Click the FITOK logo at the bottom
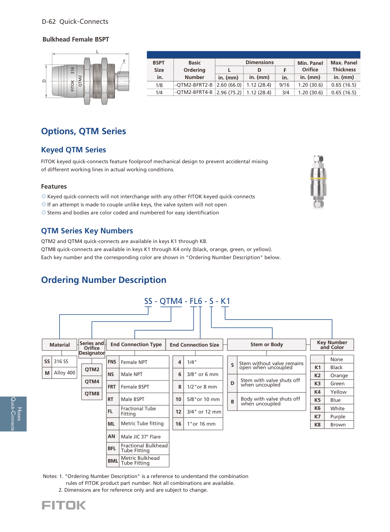pyautogui.click(x=64, y=505)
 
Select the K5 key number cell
pyautogui.click(x=317, y=400)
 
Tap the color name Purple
pyautogui.click(x=338, y=417)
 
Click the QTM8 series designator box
pyautogui.click(x=92, y=394)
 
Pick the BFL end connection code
pyautogui.click(x=112, y=449)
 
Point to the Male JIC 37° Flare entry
pyautogui.click(x=141, y=436)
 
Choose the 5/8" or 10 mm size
pyautogui.click(x=203, y=399)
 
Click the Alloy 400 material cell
pyautogui.click(x=65, y=373)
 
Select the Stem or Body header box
pyautogui.click(x=267, y=345)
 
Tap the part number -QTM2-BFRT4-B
pyautogui.click(x=194, y=92)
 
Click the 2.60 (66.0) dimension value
pyautogui.click(x=229, y=85)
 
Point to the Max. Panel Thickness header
pyautogui.click(x=344, y=66)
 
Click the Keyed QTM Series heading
pyautogui.click(x=73, y=150)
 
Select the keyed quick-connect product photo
pyautogui.click(x=318, y=182)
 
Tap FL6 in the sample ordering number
pyautogui.click(x=196, y=301)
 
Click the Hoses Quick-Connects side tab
pyautogui.click(x=13, y=414)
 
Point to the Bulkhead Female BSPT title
pyautogui.click(x=76, y=39)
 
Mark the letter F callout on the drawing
pyautogui.click(x=124, y=62)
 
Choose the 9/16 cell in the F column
pyautogui.click(x=284, y=85)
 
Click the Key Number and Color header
pyautogui.click(x=332, y=345)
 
